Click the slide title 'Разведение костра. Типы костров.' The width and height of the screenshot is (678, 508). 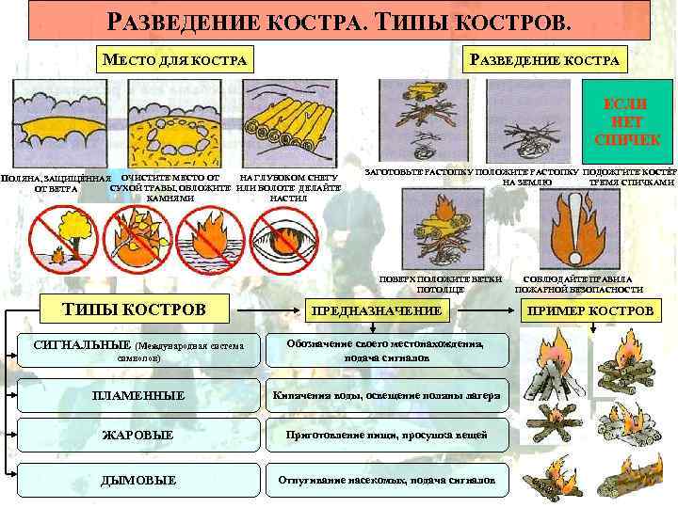pos(339,20)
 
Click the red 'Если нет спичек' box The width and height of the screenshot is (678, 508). pos(628,120)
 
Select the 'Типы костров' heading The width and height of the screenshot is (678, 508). pos(133,309)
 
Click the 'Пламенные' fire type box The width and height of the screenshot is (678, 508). pos(138,395)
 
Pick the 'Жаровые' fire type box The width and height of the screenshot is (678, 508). pos(138,436)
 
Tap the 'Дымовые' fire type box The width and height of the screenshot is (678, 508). pos(138,480)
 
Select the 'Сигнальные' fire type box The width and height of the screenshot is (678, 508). pos(138,351)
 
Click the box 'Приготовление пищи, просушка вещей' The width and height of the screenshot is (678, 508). pos(387,436)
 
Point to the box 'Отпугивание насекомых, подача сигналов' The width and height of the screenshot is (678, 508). pos(387,480)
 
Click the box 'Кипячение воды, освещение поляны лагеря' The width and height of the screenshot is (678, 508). pos(387,395)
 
